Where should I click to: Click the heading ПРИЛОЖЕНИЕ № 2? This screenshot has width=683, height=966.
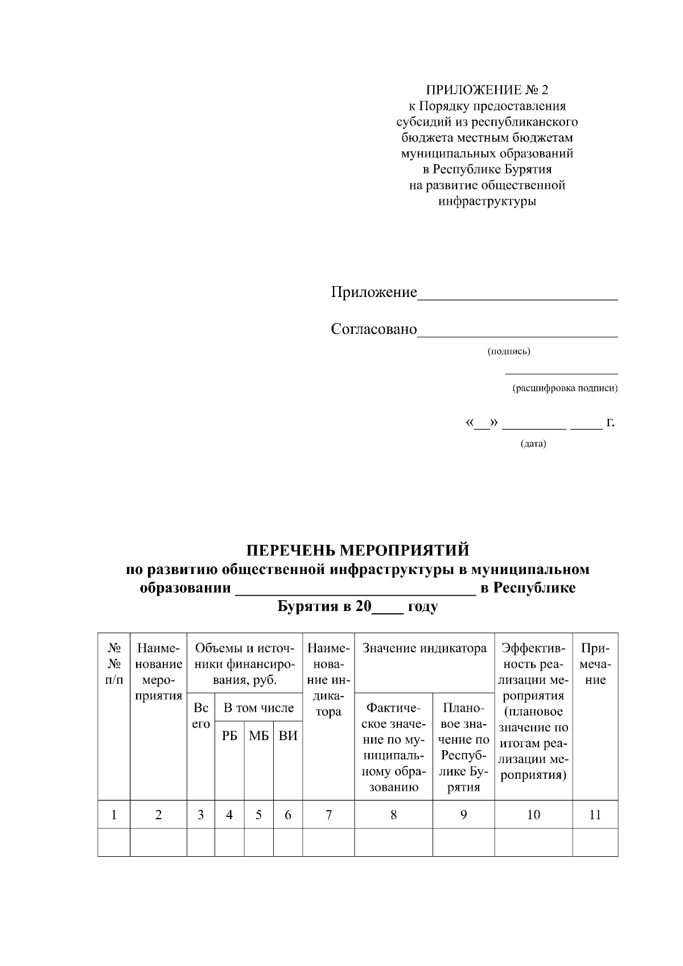(x=487, y=90)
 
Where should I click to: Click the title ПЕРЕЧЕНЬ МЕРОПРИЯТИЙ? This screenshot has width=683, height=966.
(x=357, y=550)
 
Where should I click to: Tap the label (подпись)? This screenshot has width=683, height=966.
(x=508, y=351)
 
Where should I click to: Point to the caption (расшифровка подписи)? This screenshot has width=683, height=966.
(x=565, y=389)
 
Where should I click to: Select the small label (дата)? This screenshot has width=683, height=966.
(x=533, y=444)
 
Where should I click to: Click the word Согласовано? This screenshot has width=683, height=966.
(x=374, y=329)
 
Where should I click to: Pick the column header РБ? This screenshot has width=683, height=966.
(x=229, y=736)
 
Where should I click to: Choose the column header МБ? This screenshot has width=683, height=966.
(x=258, y=736)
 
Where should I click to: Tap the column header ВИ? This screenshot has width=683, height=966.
(x=288, y=736)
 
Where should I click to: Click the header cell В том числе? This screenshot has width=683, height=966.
(x=258, y=708)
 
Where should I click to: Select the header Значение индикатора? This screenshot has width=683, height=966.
(x=424, y=649)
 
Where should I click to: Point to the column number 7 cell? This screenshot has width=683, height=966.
(x=328, y=815)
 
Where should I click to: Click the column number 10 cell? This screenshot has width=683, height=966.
(x=533, y=815)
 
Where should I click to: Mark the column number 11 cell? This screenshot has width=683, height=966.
(x=595, y=815)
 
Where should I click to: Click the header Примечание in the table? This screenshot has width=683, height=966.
(x=595, y=664)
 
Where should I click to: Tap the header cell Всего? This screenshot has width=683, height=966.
(x=201, y=716)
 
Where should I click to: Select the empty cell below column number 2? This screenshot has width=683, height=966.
(x=158, y=842)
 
